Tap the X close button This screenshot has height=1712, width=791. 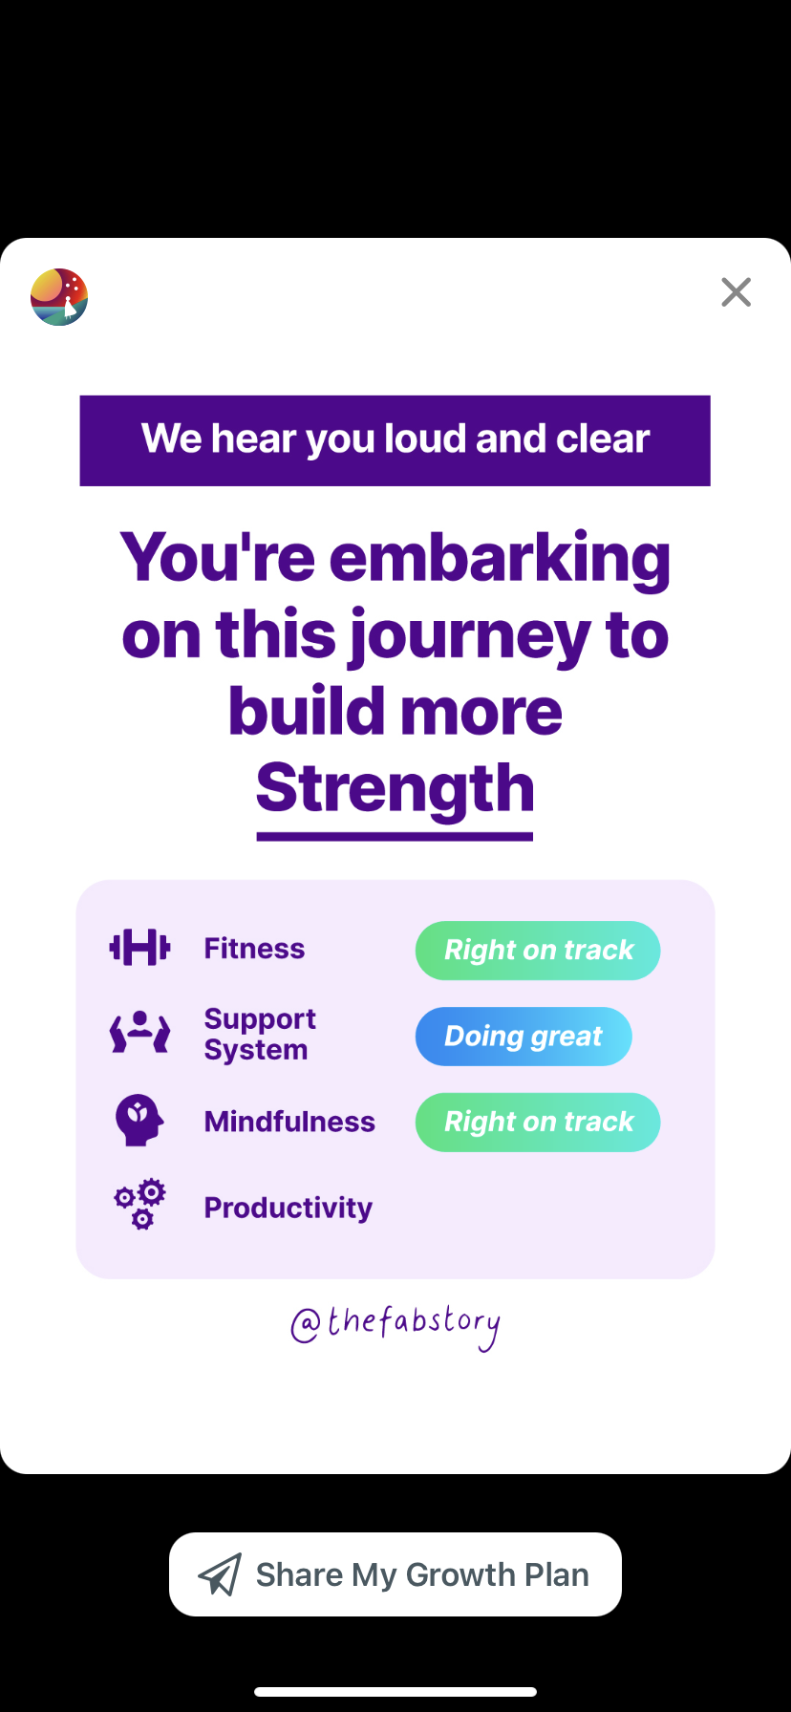click(x=736, y=292)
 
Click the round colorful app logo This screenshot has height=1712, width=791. click(x=59, y=297)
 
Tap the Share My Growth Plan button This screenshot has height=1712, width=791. click(x=395, y=1574)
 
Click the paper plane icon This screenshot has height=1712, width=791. click(x=220, y=1574)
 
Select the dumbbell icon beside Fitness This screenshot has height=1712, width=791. click(x=140, y=948)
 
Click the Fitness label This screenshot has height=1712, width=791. click(x=254, y=949)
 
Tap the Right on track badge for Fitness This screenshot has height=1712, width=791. click(x=538, y=951)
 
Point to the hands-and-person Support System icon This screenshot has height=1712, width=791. click(x=140, y=1032)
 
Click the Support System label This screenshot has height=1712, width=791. click(x=260, y=1034)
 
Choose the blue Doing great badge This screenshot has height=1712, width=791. click(x=524, y=1037)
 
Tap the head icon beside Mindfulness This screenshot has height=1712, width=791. click(x=139, y=1120)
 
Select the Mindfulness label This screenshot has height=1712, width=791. click(x=289, y=1122)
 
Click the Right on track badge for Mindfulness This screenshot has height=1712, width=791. click(x=538, y=1123)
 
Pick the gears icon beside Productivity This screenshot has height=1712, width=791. click(x=140, y=1204)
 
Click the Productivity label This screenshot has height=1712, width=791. click(x=289, y=1209)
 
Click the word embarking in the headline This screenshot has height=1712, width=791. click(x=500, y=558)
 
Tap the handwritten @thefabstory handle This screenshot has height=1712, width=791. click(x=395, y=1326)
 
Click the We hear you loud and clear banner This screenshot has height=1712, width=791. click(x=395, y=440)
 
